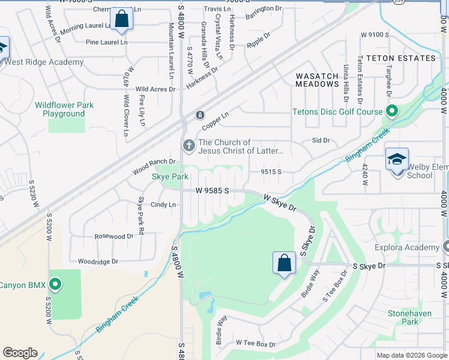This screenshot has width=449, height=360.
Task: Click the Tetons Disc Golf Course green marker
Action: click(x=392, y=111)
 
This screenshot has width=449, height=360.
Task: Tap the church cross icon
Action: click(x=189, y=145)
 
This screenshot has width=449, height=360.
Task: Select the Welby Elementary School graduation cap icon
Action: click(x=397, y=160)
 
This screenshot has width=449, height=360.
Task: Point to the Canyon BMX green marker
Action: click(x=55, y=284)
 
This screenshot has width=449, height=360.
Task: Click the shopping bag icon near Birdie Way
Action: click(x=284, y=263)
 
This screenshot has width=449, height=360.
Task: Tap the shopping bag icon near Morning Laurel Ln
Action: click(x=122, y=19)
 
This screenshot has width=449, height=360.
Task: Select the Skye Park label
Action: click(x=170, y=176)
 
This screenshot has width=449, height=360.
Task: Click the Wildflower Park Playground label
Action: click(x=64, y=109)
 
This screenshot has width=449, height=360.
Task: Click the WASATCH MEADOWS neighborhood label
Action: click(x=317, y=80)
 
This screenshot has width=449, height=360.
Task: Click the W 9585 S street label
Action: click(x=212, y=190)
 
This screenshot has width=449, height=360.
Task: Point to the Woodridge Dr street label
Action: click(x=98, y=262)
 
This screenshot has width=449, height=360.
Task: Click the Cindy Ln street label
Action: click(x=163, y=205)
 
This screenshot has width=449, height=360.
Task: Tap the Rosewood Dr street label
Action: click(x=113, y=236)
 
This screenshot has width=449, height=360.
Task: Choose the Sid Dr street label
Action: click(x=321, y=140)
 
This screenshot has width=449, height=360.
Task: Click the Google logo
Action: click(x=20, y=353)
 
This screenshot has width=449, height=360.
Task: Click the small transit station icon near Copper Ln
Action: click(x=200, y=115)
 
